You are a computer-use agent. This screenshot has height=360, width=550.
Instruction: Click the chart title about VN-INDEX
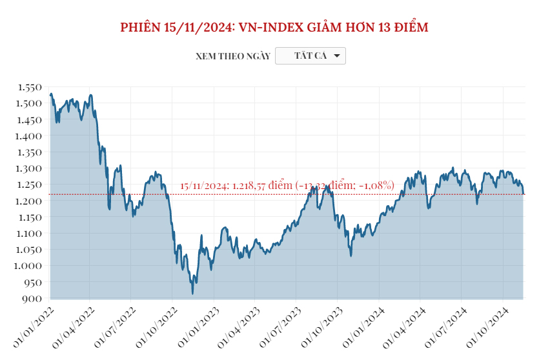274,28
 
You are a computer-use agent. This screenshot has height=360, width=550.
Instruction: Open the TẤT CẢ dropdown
311,56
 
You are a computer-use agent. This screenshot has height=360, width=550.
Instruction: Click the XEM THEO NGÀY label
232,57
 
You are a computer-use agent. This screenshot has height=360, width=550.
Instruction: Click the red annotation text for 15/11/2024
287,186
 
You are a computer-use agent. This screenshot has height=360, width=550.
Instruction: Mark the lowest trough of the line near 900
192,294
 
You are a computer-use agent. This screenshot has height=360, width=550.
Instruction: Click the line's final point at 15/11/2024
523,194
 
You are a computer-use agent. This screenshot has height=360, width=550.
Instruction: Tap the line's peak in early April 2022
91,95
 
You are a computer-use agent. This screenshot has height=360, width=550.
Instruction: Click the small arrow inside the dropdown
336,56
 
